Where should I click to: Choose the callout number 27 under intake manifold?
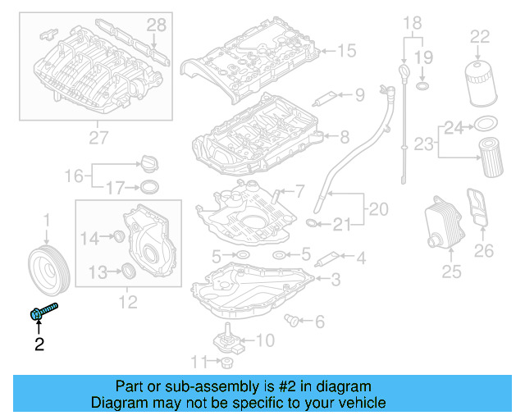98,138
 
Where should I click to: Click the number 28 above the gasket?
156,27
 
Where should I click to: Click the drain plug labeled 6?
291,319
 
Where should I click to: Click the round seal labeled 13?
128,272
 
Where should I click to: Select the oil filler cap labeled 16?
149,162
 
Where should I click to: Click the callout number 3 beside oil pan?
335,280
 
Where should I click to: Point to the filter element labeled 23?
490,158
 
